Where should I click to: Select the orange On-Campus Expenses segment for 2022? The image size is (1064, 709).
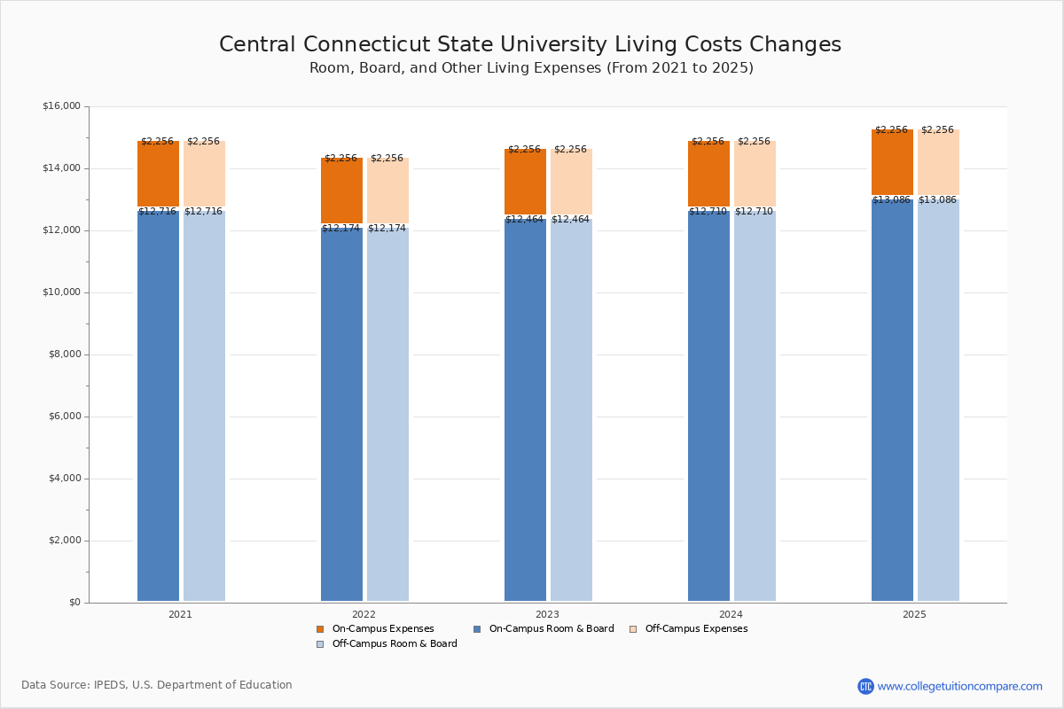[341, 191]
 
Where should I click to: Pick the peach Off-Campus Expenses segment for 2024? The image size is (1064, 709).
[755, 174]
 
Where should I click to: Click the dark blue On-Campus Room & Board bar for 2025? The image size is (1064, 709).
[892, 400]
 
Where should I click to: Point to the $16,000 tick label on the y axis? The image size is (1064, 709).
[61, 106]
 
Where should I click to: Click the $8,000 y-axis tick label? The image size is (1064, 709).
[65, 354]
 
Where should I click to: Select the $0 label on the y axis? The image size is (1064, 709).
[74, 603]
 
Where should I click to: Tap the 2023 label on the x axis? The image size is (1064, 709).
[547, 614]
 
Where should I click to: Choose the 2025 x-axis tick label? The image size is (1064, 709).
[914, 614]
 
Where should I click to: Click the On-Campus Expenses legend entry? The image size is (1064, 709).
[375, 629]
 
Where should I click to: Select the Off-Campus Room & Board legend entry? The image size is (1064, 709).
[387, 644]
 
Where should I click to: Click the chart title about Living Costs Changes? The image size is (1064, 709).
[530, 45]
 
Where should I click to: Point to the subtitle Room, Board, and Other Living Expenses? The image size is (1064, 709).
[531, 68]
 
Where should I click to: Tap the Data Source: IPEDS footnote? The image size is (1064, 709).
[157, 685]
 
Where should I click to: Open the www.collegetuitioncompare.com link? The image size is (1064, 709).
[959, 686]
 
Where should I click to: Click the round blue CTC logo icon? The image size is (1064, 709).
[865, 686]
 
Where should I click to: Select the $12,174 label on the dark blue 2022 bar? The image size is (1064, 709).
[340, 229]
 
